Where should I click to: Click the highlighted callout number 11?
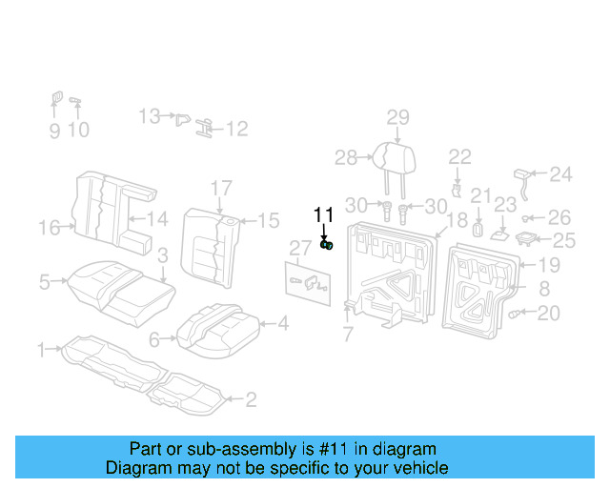(324, 214)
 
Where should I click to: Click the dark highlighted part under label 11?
(327, 246)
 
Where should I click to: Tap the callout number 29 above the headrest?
(397, 117)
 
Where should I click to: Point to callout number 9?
(54, 130)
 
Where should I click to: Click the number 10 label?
(78, 130)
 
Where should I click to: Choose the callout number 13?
(149, 116)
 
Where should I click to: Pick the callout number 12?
(236, 128)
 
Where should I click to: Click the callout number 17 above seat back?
(221, 188)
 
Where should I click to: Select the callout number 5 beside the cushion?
(44, 281)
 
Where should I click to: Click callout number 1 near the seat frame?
(41, 350)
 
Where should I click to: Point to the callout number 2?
(251, 399)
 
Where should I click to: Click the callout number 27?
(301, 249)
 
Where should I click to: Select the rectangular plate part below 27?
(309, 282)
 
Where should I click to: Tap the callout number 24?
(561, 173)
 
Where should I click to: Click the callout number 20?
(549, 314)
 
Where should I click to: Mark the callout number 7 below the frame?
(348, 334)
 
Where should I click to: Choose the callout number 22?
(460, 156)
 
